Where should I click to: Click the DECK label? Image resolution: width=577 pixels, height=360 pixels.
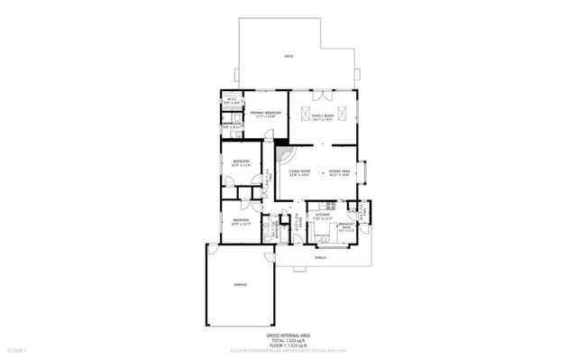(288, 56)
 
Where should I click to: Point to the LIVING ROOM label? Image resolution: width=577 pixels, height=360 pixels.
(299, 171)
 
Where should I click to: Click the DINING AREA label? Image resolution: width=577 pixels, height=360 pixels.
(339, 171)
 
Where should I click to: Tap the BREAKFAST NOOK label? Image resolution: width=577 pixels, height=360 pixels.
(346, 226)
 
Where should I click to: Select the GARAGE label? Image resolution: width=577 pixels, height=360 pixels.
(241, 284)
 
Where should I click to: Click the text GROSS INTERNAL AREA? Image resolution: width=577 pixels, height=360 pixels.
(288, 333)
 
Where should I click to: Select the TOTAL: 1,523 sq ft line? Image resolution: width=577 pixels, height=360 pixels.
(288, 338)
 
